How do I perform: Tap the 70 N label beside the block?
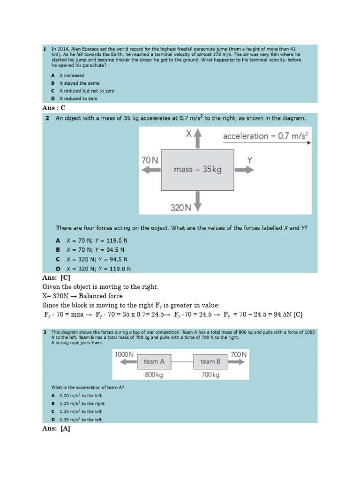150,160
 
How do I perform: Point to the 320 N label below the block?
180,207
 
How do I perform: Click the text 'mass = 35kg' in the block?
197,169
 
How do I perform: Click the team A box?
154,361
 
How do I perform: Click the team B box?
210,361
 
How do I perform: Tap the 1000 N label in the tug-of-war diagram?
125,355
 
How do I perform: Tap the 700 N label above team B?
238,355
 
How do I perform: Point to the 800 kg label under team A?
153,375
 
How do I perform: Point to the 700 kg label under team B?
210,375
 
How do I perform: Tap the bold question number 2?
47,119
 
